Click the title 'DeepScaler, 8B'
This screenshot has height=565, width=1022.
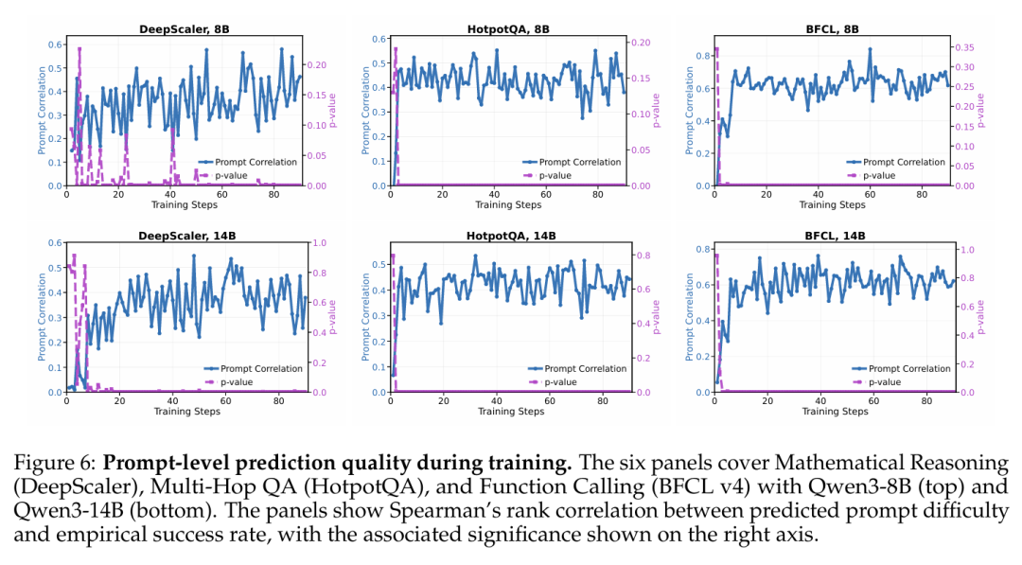[184, 29]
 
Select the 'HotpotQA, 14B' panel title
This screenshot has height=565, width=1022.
[511, 236]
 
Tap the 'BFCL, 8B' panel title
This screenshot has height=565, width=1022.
[833, 29]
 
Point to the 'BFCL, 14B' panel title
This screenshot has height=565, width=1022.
[835, 236]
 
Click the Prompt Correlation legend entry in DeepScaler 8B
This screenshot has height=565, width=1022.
[248, 162]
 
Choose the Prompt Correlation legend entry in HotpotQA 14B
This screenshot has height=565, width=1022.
[577, 369]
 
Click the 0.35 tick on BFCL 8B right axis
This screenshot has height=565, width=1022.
[964, 47]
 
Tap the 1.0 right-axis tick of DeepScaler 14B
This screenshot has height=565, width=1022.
[320, 242]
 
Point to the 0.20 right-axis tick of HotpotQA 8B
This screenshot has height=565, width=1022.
[641, 43]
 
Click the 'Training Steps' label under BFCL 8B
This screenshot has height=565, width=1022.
[833, 204]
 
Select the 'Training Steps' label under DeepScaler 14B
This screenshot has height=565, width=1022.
[187, 411]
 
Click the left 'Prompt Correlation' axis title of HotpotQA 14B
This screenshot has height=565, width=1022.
[365, 317]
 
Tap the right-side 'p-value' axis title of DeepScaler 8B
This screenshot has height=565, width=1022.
[332, 111]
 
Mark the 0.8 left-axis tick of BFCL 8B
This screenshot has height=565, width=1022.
[702, 56]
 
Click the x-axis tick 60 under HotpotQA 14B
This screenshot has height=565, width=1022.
[550, 400]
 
